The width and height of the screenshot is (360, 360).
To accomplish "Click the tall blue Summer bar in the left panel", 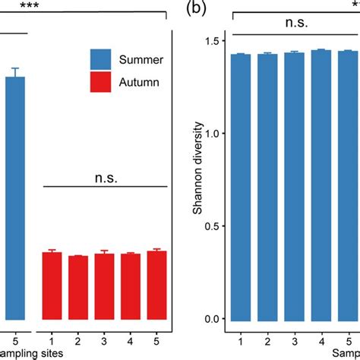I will (15, 197).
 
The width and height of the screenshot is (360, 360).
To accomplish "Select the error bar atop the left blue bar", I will (15, 72).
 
